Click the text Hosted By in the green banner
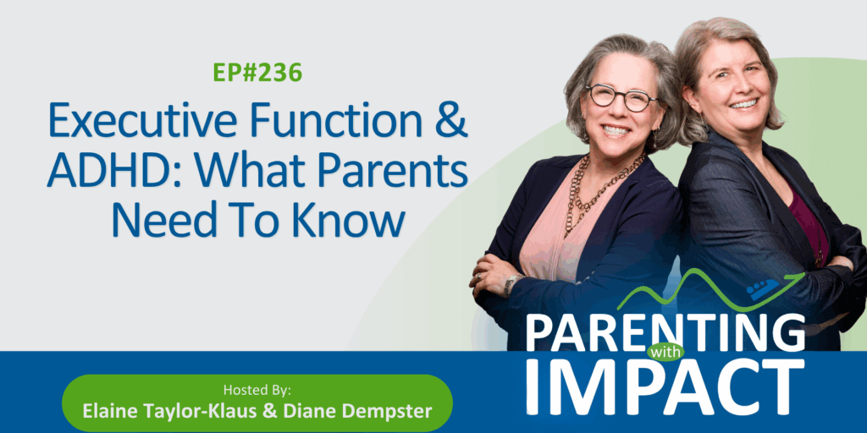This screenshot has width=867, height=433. point(257,390)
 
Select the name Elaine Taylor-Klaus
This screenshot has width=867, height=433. point(157,410)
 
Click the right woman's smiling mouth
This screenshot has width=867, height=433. point(743,103)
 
